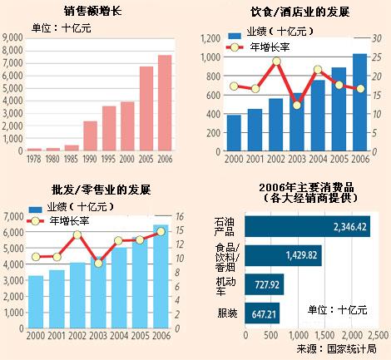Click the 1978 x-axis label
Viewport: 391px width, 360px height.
33,159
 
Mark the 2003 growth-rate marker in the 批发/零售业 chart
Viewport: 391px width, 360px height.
100,263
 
